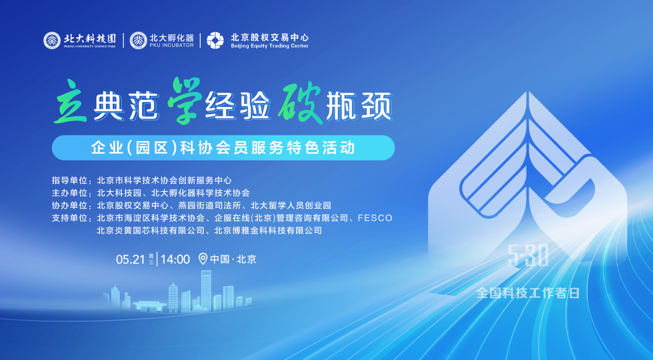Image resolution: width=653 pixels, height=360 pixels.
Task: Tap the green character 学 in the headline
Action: pos(185,101)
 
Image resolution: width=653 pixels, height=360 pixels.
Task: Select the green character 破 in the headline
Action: pos(300,102)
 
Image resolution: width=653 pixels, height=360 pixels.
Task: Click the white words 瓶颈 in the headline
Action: pos(359,106)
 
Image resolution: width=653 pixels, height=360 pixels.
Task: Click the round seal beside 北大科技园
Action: pos(52,40)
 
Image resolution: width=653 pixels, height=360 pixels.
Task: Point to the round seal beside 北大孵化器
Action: pos(138,40)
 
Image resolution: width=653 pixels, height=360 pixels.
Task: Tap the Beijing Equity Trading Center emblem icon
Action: pos(215,40)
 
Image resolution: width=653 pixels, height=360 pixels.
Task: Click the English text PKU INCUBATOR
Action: pos(172,45)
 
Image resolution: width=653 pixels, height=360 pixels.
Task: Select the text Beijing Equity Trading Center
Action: pos(269,46)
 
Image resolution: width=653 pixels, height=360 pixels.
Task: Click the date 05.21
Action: pos(130,259)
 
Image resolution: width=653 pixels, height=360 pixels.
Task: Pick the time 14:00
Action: pos(175,259)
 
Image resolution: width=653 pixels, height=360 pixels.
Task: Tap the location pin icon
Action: pos(203,259)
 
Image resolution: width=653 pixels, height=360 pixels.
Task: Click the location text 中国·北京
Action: pos(233,259)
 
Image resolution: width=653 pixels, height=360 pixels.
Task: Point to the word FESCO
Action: pos(375,218)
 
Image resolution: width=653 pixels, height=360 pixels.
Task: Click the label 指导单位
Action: pos(69,180)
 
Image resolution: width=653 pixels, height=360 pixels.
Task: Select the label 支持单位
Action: pos(69,218)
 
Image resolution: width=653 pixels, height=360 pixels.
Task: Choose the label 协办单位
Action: pos(69,206)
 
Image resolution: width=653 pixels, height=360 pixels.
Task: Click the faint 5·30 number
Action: pos(528,255)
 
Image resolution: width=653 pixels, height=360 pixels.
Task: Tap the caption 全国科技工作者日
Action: pos(528,293)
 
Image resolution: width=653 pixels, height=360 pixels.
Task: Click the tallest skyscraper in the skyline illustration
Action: pos(206,291)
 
